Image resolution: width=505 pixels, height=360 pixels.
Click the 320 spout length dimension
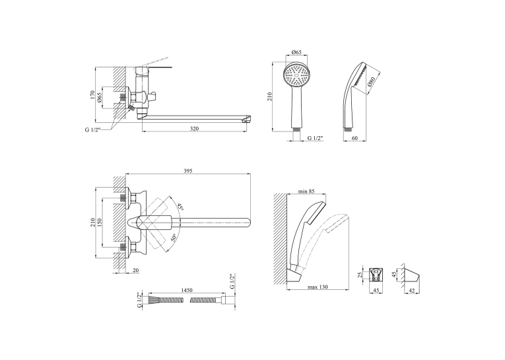pyautogui.click(x=194, y=129)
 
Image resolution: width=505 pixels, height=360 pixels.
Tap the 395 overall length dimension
pyautogui.click(x=187, y=171)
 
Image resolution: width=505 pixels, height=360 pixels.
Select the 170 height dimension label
pyautogui.click(x=92, y=94)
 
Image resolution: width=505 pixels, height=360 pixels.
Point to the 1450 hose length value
pyautogui.click(x=187, y=290)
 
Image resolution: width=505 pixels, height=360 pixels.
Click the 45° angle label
pyautogui.click(x=180, y=207)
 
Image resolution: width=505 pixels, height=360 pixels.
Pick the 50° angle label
pyautogui.click(x=174, y=238)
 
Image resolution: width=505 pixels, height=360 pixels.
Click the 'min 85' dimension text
pyautogui.click(x=306, y=191)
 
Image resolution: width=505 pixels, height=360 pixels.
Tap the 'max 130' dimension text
pyautogui.click(x=318, y=287)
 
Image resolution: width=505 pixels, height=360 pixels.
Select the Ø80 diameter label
pyautogui.click(x=372, y=82)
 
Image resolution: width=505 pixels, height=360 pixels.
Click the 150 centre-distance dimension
pyautogui.click(x=100, y=223)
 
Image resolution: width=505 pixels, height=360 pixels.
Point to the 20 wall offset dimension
pyautogui.click(x=136, y=270)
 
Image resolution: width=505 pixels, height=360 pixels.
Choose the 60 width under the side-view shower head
pyautogui.click(x=354, y=138)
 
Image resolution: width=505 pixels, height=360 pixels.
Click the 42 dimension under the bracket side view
pyautogui.click(x=412, y=290)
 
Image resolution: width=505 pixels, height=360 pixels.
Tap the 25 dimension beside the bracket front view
pyautogui.click(x=360, y=274)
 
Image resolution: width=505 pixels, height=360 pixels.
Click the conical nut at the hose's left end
pyautogui.click(x=153, y=300)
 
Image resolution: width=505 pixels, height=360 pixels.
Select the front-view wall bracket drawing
pyautogui.click(x=376, y=275)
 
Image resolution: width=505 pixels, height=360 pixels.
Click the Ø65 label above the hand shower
pyautogui.click(x=296, y=52)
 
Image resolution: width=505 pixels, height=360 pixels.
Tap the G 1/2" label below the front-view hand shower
pyautogui.click(x=315, y=138)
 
